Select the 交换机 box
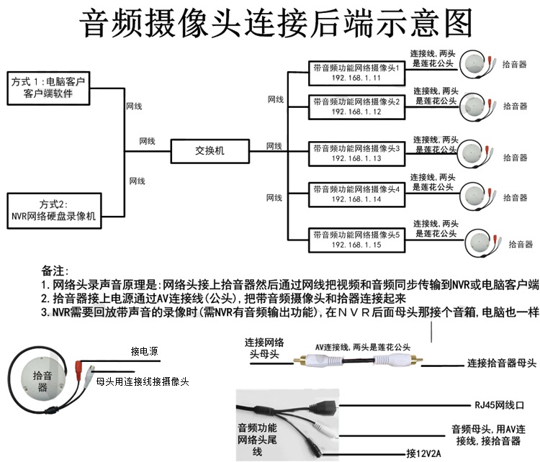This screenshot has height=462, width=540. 210,151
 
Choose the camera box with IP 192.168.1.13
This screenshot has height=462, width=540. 356,152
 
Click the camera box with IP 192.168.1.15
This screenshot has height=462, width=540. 356,240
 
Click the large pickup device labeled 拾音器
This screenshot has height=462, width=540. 42,381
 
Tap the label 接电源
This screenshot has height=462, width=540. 144,352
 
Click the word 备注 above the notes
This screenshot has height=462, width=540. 55,271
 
